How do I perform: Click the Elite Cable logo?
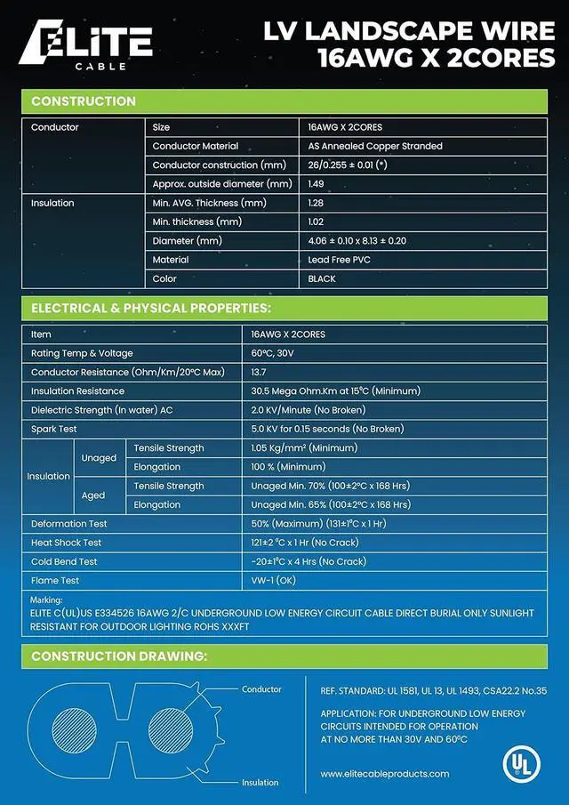pos(86,45)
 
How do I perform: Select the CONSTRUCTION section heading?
pos(84,101)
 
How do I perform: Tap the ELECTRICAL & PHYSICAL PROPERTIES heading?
pos(151,309)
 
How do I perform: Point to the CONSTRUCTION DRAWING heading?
pos(119,656)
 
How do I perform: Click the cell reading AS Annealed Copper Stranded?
pos(374,146)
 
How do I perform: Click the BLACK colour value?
pos(322,278)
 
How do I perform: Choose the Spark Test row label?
pos(54,429)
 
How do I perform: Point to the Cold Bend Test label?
pos(66,561)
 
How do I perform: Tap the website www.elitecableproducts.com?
pos(384,774)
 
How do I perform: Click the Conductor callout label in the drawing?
pos(261,689)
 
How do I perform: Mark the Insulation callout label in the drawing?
pos(260,783)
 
